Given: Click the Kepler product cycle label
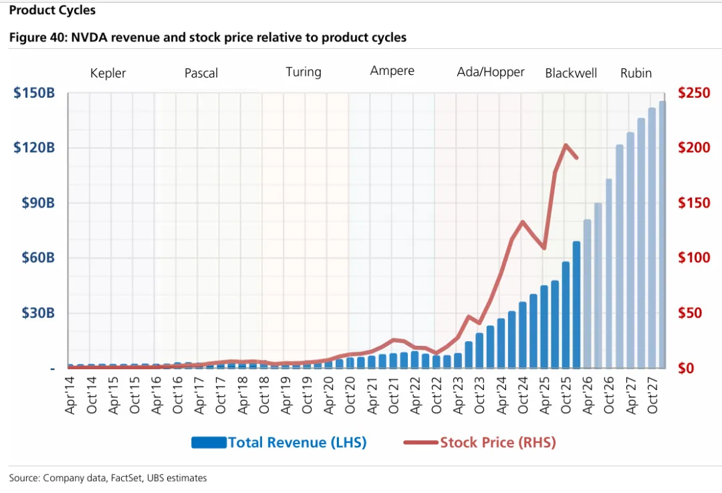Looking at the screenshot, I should tap(108, 73).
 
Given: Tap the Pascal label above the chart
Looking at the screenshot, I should tap(201, 73).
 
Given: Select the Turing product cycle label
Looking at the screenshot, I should tap(304, 72).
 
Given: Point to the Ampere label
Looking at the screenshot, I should tap(392, 71).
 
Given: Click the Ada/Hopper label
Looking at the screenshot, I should tap(491, 72).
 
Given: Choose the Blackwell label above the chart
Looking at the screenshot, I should tap(571, 73).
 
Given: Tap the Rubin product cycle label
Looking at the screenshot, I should tap(636, 73).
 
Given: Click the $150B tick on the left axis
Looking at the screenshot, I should tap(34, 92).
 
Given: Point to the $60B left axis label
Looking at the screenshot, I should tap(34, 258).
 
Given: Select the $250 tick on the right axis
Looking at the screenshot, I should tap(693, 92).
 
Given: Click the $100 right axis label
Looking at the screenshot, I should tap(693, 258).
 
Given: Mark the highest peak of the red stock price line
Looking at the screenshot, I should tap(566, 144).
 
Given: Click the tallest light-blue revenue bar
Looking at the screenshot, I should tap(662, 234).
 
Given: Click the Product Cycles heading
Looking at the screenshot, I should tap(52, 10).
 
